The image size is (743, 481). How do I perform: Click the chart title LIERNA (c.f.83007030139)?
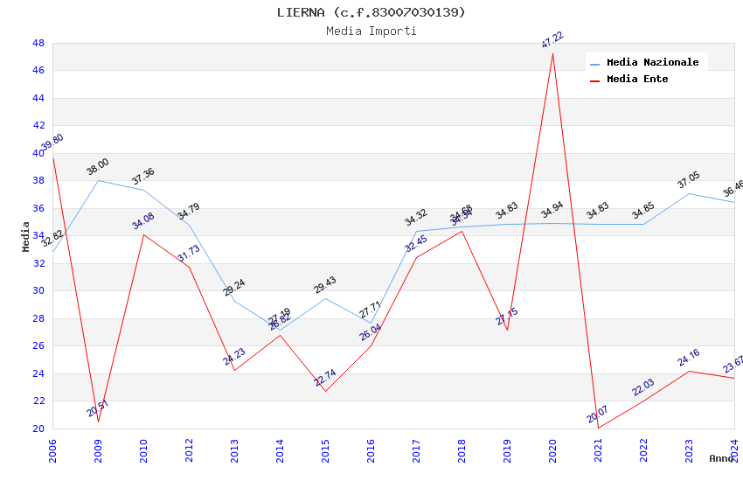click(371, 12)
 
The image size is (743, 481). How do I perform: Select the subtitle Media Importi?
click(371, 31)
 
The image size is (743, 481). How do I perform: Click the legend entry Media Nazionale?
click(652, 63)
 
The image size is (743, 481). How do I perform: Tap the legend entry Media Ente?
click(637, 80)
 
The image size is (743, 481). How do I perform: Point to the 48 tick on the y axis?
click(38, 43)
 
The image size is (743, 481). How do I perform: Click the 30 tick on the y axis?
click(38, 291)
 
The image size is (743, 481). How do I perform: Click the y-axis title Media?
click(26, 236)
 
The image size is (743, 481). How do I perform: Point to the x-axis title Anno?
click(721, 458)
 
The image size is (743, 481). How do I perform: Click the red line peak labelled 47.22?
click(552, 53)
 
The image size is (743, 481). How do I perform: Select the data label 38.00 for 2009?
click(98, 167)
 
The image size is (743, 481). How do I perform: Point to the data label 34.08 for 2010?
click(143, 220)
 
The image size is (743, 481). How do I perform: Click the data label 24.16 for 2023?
click(689, 358)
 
